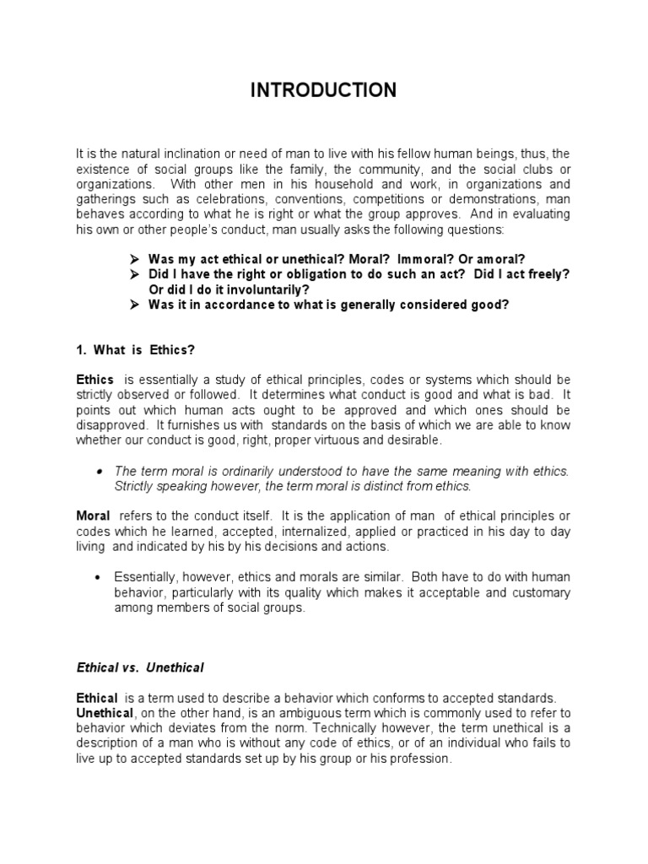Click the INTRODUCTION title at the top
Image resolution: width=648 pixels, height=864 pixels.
pos(323,91)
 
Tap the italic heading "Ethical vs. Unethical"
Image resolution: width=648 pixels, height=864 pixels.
pos(139,667)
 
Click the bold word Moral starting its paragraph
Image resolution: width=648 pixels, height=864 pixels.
pos(94,516)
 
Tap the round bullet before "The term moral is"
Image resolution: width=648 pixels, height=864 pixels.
pos(100,472)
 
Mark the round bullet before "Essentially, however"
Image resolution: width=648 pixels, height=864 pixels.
pos(100,577)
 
